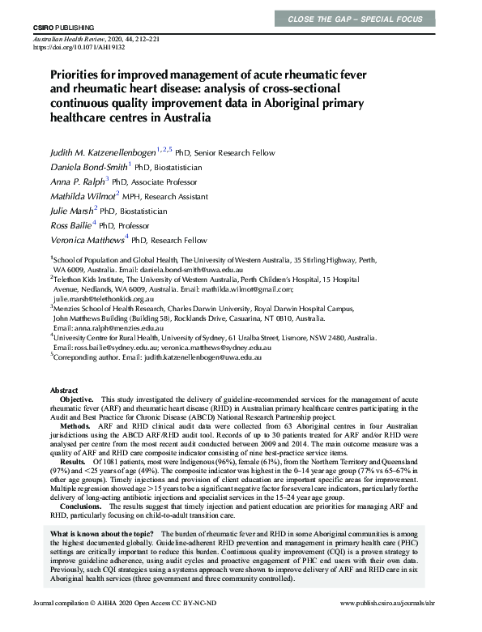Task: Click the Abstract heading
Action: click(x=64, y=390)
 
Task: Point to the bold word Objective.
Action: click(x=77, y=400)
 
